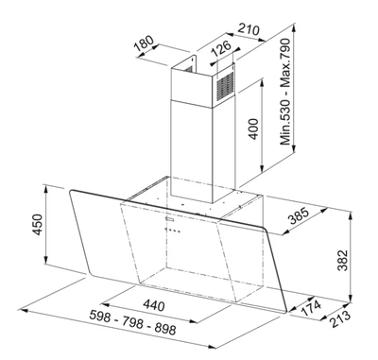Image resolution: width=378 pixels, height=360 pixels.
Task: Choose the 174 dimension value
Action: point(312,309)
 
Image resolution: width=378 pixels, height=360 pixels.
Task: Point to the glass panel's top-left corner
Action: point(72,189)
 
